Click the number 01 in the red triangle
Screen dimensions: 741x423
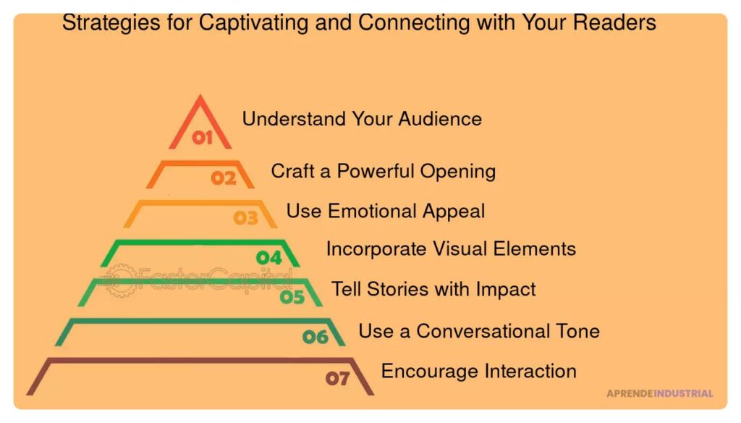tap(203, 138)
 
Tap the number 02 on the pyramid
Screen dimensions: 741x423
tap(224, 178)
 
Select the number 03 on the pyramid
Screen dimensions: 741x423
tap(246, 217)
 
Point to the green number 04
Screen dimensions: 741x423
tap(269, 258)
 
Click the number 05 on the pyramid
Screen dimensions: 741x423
tap(292, 297)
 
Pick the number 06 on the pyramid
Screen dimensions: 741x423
tap(316, 337)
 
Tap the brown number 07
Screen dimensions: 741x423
tap(337, 378)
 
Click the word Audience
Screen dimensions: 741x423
tap(440, 119)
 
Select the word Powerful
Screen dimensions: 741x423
tap(376, 171)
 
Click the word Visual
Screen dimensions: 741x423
tap(460, 249)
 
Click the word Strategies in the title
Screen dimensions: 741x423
tap(111, 22)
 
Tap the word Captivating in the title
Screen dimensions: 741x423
tap(253, 22)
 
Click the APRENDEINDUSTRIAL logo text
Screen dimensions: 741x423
tap(660, 393)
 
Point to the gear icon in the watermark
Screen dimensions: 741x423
tap(121, 280)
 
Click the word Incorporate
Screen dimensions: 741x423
tap(376, 249)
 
